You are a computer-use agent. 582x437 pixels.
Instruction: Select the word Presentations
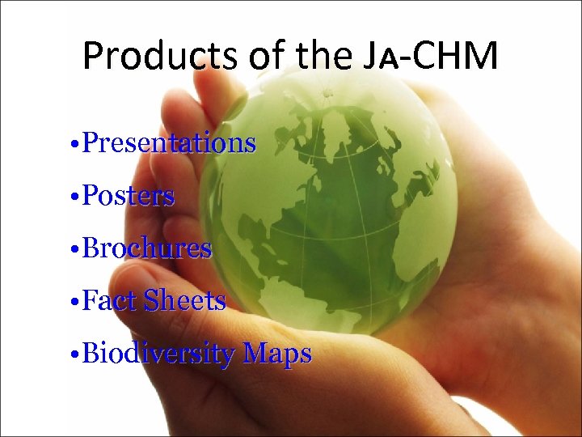[x=169, y=143]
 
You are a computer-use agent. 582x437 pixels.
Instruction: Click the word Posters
[x=129, y=196]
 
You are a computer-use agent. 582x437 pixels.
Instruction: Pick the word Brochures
[x=147, y=248]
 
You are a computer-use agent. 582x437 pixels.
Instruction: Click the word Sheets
[x=184, y=301]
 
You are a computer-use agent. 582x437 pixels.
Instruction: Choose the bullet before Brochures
[x=74, y=250]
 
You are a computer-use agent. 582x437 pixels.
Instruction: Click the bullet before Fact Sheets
[x=74, y=303]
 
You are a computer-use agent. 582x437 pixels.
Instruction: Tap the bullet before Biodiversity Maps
[x=74, y=355]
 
